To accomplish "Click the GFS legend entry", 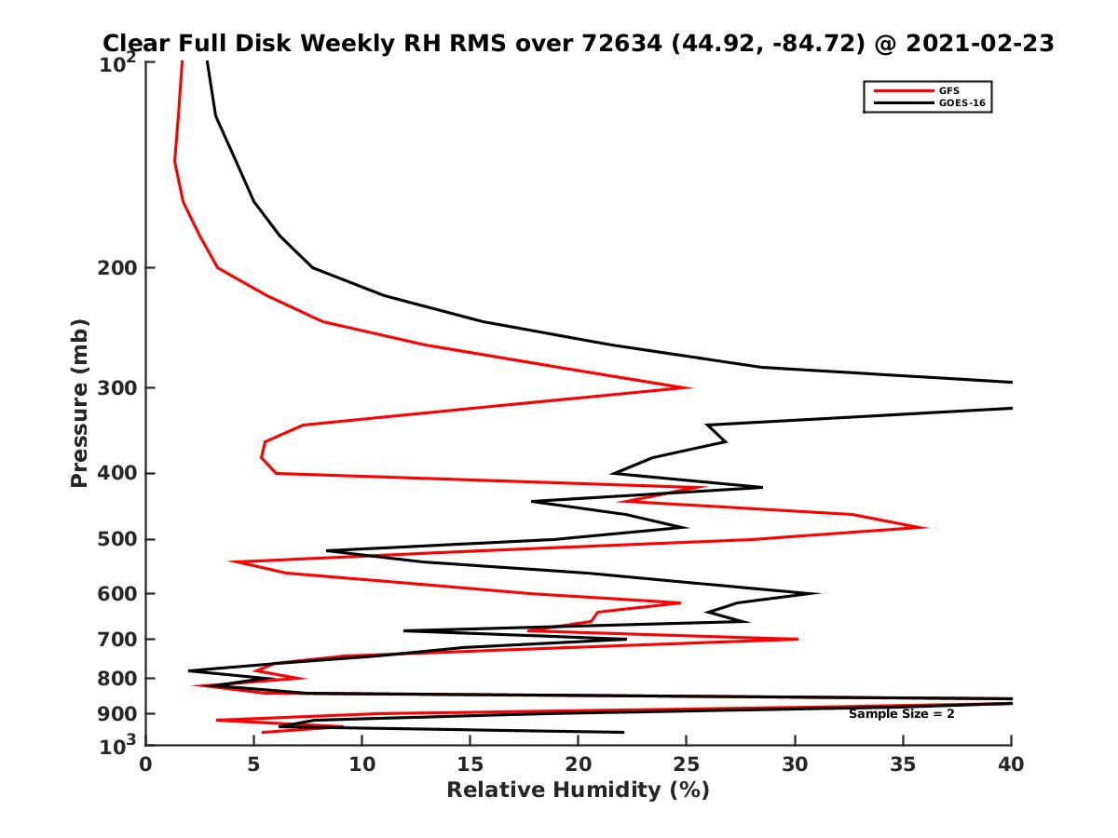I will point(950,90).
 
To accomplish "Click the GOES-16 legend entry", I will point(959,102).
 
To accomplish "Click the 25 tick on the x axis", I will point(687,764).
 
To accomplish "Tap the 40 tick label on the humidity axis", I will point(1011,764).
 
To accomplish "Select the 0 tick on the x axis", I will point(145,764).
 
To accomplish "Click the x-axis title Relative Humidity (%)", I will point(578,791).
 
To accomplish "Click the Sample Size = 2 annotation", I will point(901,713).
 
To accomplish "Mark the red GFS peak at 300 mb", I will point(690,387).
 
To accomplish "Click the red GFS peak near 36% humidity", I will point(925,527).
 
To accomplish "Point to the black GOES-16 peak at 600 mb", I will point(818,593).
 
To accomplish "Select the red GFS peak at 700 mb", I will point(797,639).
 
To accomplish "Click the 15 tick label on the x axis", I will point(470,764).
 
